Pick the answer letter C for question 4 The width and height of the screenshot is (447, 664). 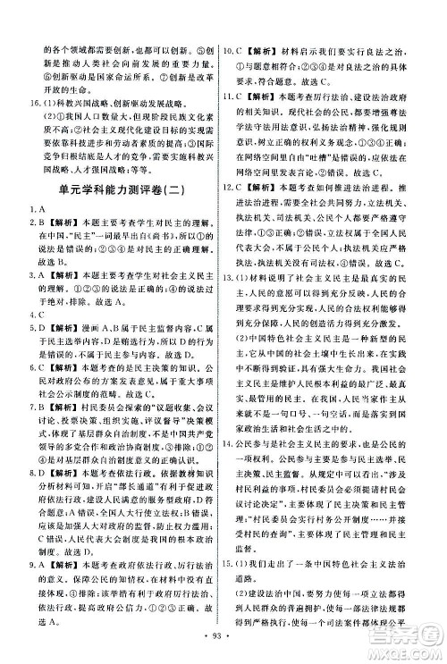click(38, 314)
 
